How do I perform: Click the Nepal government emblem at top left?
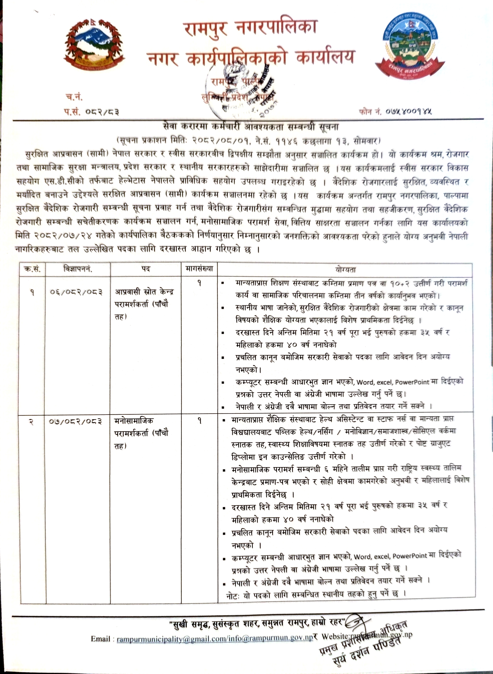pyautogui.click(x=94, y=45)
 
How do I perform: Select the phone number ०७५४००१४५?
pyautogui.click(x=409, y=112)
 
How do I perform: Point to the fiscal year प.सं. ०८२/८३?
pyautogui.click(x=91, y=112)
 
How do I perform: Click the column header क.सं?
pyautogui.click(x=32, y=269)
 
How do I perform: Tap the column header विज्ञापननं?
pyautogui.click(x=78, y=269)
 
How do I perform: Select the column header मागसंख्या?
pyautogui.click(x=199, y=269)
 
